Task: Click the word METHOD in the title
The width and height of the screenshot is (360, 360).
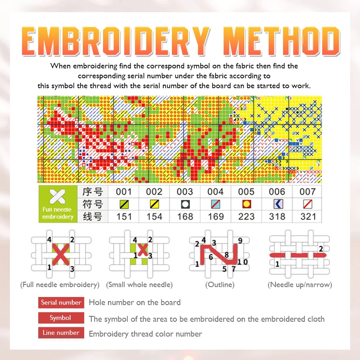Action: [281, 41]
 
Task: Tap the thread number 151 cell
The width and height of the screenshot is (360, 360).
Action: [124, 216]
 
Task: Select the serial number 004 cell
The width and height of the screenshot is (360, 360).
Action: [215, 192]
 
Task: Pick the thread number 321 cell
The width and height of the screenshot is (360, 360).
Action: [307, 216]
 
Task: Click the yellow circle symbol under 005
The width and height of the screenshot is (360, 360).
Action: [246, 204]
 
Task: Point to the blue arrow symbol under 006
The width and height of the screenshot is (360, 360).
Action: [277, 204]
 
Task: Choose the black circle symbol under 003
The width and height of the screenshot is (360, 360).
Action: [184, 204]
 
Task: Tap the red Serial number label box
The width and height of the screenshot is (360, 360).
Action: [61, 302]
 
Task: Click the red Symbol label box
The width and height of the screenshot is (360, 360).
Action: [61, 318]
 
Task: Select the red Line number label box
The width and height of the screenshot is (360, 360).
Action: [61, 333]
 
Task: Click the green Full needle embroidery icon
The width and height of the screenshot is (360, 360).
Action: [58, 203]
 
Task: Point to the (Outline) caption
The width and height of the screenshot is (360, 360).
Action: [219, 284]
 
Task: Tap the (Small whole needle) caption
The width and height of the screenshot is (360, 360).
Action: [139, 284]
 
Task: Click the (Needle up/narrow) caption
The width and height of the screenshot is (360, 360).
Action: [299, 284]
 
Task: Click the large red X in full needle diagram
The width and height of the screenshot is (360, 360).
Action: [60, 254]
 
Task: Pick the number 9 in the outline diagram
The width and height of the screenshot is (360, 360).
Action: [240, 240]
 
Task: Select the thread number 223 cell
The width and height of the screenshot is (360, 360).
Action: [246, 216]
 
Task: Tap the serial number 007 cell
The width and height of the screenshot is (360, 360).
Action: [307, 192]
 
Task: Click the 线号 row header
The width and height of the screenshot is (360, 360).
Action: [93, 216]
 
